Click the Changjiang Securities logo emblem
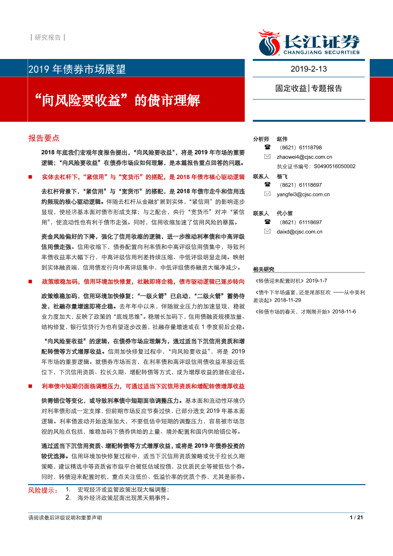pos(269,43)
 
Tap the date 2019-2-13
pos(309,69)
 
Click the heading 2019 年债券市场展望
pos(77,69)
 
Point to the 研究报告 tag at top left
pos(48,38)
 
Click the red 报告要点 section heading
pos(44,138)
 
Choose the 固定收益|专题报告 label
pos(309,88)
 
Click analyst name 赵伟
pos(282,139)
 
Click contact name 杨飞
pos(282,176)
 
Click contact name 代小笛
pos(285,213)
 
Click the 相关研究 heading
pos(264,269)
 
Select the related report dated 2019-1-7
pos(290,281)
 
